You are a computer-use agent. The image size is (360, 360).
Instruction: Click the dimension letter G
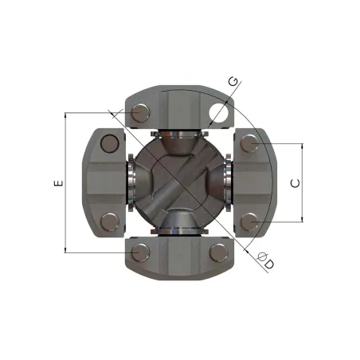233,81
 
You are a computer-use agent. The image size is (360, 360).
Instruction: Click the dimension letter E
59,183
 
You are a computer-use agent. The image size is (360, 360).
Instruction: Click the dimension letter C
295,183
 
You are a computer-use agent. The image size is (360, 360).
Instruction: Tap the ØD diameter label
266,260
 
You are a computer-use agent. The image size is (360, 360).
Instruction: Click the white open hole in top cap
218,113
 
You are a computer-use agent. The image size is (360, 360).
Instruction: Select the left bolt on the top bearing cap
140,113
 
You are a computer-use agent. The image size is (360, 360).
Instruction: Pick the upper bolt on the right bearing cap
249,143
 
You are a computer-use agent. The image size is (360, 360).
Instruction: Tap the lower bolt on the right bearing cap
249,222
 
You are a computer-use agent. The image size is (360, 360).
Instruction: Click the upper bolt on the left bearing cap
110,143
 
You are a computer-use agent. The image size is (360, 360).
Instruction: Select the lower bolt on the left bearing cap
110,222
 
